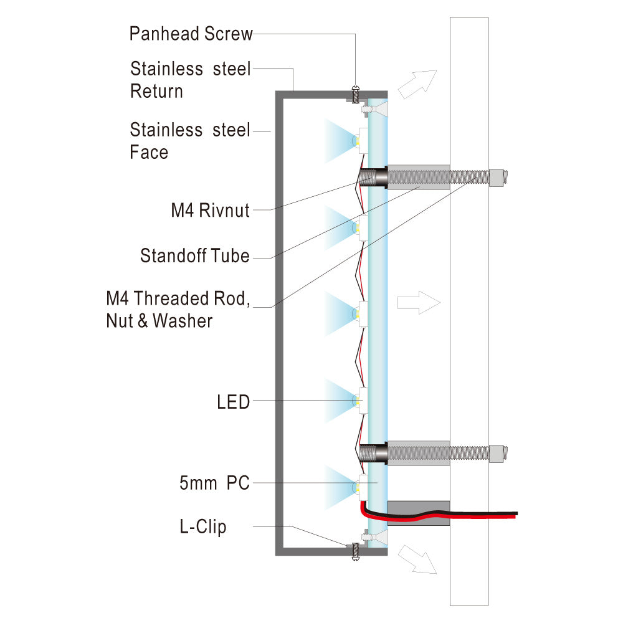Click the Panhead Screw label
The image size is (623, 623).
191,34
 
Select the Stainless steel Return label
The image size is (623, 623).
190,80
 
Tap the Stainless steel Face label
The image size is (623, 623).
190,141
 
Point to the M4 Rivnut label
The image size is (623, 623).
210,211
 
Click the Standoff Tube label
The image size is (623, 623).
194,255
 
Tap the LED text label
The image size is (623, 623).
233,402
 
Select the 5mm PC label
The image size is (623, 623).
214,483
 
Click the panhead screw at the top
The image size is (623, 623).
356,94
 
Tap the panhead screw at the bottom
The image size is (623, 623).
356,550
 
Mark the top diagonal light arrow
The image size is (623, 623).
417,83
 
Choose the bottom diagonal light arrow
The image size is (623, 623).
417,558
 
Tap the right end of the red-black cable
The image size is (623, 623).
515,514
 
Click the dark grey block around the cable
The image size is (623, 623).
418,513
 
